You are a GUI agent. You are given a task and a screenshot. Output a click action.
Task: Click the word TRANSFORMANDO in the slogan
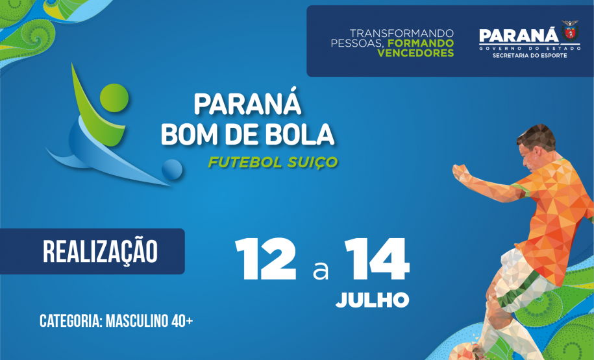[x=402, y=33]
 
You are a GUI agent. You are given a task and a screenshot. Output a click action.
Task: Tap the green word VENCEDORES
[x=415, y=53]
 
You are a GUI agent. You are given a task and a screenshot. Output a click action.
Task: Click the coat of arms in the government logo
[x=570, y=30]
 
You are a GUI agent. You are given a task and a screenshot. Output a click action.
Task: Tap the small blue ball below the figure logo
[x=171, y=170]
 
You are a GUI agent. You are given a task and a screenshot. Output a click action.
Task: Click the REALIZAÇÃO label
[x=100, y=252]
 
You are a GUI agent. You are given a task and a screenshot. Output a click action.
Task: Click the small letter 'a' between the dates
[x=321, y=270]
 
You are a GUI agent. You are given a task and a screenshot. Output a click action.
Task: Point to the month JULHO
[x=372, y=300]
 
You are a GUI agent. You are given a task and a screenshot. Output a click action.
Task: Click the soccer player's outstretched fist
[x=459, y=173]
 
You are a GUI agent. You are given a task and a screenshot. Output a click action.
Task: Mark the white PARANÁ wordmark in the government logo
[x=518, y=36]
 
